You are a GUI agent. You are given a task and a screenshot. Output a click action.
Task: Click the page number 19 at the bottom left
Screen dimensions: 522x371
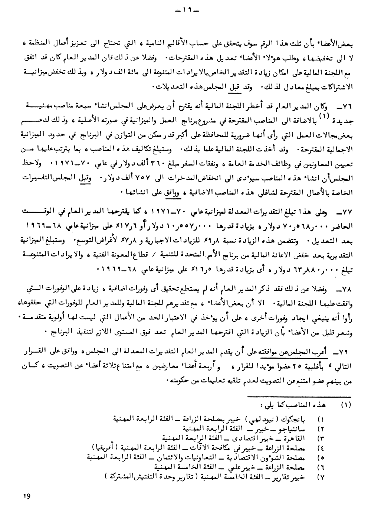(x=26, y=496)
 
